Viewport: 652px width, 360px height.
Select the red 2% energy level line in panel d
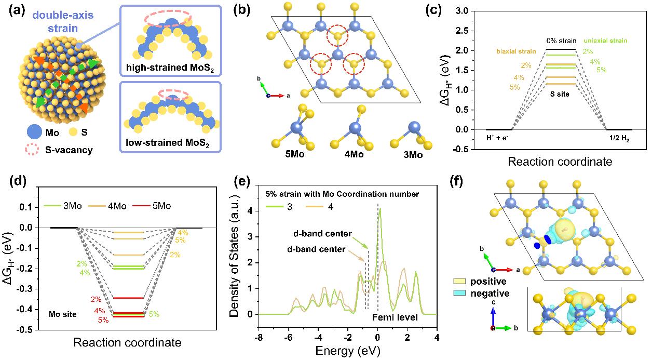click(128, 298)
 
